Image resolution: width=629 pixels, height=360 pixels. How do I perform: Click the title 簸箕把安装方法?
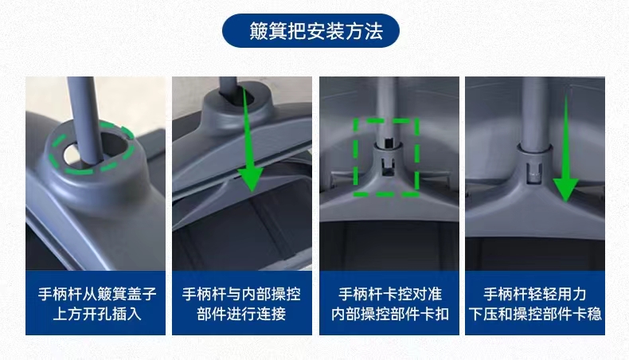coord(316,31)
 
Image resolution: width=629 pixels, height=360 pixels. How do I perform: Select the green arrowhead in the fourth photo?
coord(565,190)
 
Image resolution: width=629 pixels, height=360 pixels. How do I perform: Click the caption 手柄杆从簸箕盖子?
coord(97,294)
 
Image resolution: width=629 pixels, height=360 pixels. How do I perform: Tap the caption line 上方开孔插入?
coord(97,314)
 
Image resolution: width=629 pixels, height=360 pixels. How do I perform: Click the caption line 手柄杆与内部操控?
coord(241,294)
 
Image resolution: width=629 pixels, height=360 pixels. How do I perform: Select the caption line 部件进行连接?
coord(241,314)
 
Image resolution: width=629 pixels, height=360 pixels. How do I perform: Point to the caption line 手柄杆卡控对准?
coord(390,294)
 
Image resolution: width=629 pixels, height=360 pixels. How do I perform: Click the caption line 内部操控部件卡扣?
coord(390,314)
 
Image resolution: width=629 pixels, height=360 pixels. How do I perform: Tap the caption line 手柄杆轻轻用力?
coord(535,294)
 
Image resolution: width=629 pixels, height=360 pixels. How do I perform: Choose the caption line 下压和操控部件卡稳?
coord(535,314)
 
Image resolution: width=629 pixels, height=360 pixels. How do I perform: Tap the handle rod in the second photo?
coord(229,86)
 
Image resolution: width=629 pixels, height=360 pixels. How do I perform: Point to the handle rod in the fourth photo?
coord(535,112)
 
